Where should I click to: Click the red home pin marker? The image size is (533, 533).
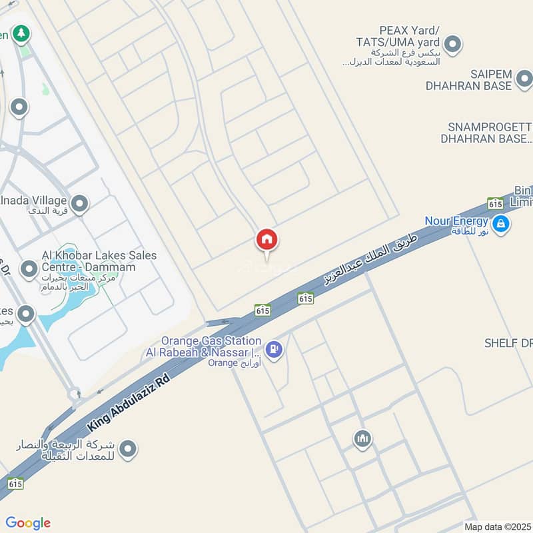(266, 240)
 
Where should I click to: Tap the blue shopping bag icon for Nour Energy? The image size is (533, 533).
(502, 224)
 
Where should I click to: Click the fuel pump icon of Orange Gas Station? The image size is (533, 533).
(273, 348)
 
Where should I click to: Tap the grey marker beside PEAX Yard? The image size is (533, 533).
(452, 45)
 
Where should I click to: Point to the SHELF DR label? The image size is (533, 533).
(509, 343)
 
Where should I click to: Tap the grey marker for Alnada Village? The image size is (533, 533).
(80, 204)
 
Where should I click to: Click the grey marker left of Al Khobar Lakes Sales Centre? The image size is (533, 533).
(29, 269)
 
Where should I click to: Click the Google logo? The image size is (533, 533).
(28, 523)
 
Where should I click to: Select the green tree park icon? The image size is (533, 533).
(21, 33)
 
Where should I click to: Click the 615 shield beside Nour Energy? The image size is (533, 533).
(495, 203)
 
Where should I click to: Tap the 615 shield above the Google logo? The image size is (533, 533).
(15, 484)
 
